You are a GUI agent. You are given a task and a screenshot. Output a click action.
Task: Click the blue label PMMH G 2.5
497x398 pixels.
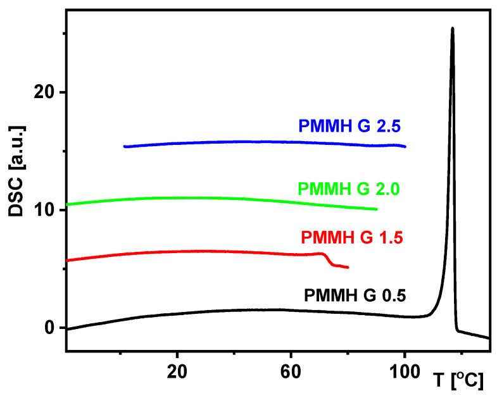pos(351,125)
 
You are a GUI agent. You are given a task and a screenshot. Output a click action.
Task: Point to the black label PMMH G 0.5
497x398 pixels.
pos(355,295)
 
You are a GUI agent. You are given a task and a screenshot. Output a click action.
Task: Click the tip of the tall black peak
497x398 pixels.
pos(452,28)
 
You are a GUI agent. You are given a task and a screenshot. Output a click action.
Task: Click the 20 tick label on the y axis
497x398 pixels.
pos(44,92)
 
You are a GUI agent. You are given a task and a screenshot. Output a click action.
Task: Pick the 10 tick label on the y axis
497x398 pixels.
pos(44,210)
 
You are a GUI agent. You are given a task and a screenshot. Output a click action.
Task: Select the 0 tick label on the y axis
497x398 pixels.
pos(51,328)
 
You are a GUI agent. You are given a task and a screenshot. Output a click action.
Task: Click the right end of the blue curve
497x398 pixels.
pos(405,146)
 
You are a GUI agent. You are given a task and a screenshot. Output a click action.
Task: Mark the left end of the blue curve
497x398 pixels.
pos(125,146)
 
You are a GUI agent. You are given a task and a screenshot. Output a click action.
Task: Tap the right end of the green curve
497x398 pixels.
pos(377,209)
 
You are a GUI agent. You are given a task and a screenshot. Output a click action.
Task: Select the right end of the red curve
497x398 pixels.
pos(348,268)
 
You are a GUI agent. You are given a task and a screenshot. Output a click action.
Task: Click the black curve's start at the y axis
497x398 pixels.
pos(67,329)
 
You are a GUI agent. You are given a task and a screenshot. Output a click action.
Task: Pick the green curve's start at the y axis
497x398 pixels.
pos(67,204)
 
